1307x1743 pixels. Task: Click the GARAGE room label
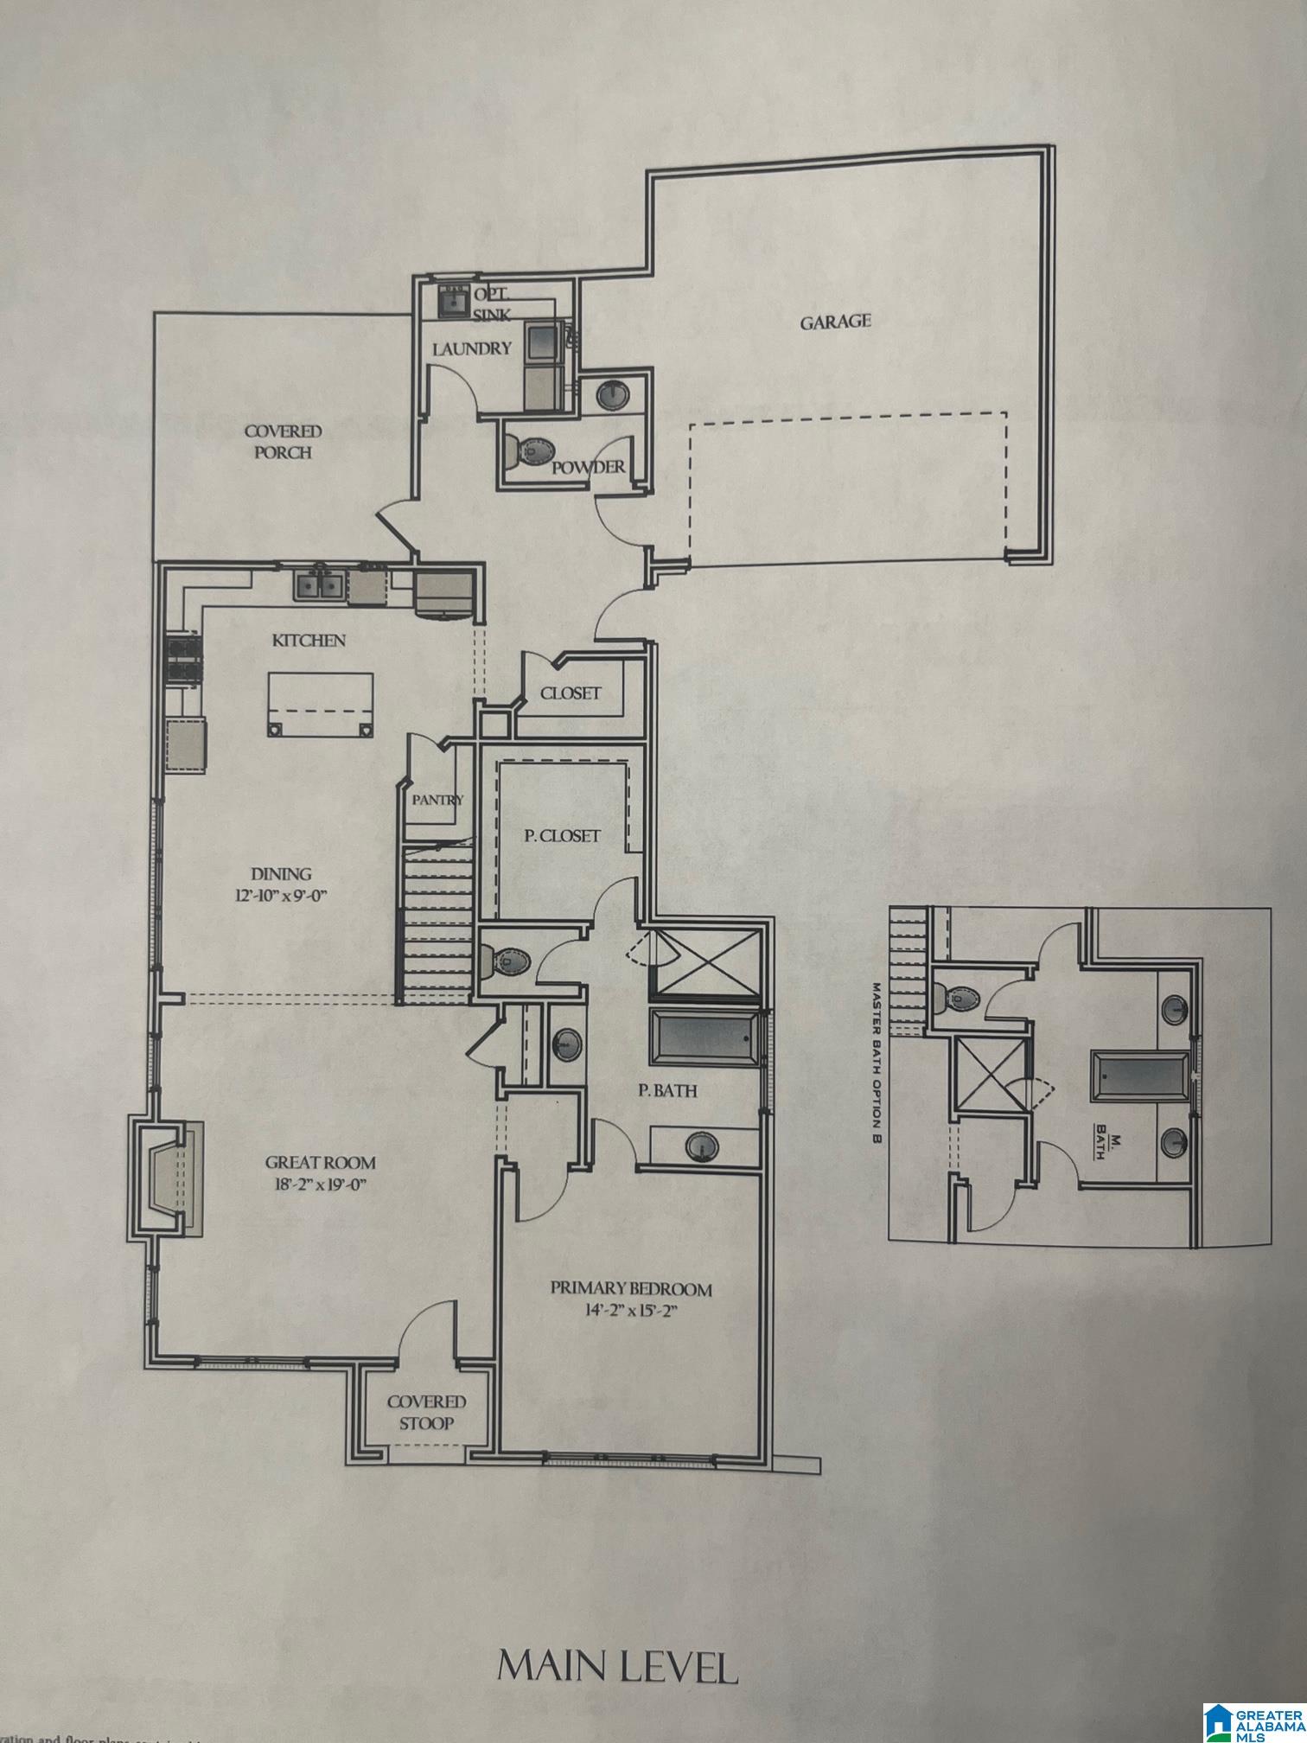[834, 322]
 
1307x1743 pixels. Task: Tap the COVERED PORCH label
[282, 441]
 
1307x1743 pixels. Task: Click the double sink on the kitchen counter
[319, 587]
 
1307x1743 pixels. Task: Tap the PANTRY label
[437, 800]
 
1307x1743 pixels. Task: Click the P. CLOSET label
[562, 836]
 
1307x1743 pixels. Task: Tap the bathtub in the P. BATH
[702, 1037]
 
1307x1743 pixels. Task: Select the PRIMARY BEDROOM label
[631, 1290]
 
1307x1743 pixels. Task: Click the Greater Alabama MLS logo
[1252, 1714]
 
